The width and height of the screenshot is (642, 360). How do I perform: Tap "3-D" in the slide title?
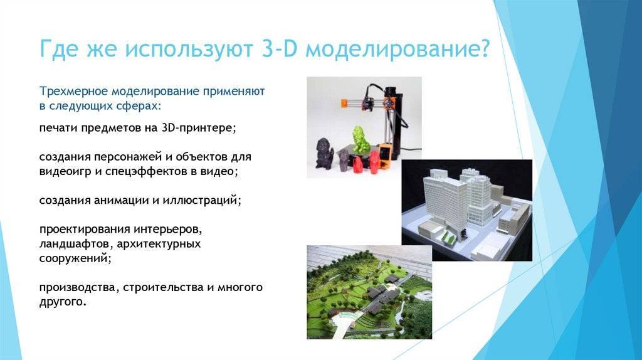pos(278,49)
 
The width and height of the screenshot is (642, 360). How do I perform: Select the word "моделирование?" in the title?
pos(397,49)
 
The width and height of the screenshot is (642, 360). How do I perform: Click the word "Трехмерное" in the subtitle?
pos(74,92)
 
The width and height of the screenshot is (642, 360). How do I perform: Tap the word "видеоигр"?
pos(65,171)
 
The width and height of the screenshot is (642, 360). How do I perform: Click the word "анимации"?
pos(121,200)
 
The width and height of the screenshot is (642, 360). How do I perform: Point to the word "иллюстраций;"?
pos(202,200)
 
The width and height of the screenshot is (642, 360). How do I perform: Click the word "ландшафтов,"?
pos(76,244)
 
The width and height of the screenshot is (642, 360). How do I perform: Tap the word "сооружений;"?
pos(75,258)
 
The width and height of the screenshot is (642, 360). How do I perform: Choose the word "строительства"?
pos(163,287)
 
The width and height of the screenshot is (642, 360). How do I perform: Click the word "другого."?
pos(63,302)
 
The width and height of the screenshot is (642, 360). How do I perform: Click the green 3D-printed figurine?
pos(360,140)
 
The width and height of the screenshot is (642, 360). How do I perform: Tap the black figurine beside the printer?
pos(325,153)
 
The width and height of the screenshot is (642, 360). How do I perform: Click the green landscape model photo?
pos(369,292)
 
